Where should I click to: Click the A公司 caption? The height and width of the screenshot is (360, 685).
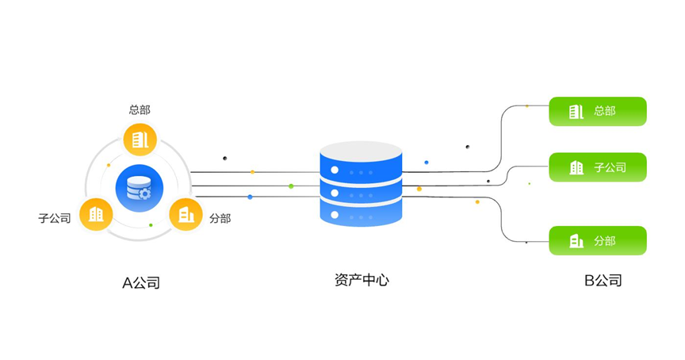point(140,282)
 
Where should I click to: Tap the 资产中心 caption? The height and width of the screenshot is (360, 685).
point(362,280)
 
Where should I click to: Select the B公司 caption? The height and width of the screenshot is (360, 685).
point(603,280)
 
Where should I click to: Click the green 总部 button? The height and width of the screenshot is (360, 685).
point(598,111)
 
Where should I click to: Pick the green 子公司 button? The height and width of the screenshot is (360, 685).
point(598,167)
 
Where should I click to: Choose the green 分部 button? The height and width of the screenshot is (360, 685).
point(598,240)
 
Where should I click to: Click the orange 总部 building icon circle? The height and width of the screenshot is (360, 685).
point(140,140)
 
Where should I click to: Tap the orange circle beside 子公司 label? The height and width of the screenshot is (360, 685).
point(96,215)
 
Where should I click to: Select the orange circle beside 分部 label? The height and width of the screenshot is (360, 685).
point(186,215)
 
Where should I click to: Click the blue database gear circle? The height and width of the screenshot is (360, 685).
point(140,188)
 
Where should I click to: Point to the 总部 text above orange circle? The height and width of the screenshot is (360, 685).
point(140,109)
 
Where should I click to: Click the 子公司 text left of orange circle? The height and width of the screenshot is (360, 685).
point(55,218)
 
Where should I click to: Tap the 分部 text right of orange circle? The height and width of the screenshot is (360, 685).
point(220,218)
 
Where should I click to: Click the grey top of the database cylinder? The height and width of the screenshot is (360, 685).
point(361,151)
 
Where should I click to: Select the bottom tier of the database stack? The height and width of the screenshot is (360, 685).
point(361,213)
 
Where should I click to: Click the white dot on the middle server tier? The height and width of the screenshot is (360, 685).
point(335,193)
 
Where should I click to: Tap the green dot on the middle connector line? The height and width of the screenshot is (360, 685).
point(291,186)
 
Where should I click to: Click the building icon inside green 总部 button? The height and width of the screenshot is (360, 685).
point(576,111)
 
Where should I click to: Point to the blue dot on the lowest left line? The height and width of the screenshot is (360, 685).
point(250,197)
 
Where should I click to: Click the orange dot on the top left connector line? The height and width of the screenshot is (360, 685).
point(252,172)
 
